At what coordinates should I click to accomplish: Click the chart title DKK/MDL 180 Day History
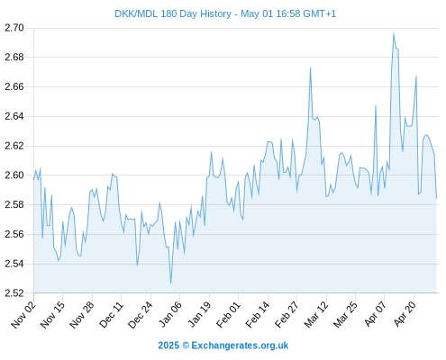(173, 13)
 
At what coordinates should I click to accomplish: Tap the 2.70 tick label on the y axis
(14, 28)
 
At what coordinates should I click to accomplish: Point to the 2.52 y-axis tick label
(14, 293)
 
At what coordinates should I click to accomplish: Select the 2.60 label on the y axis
(14, 175)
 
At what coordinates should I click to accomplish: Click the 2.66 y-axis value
(14, 86)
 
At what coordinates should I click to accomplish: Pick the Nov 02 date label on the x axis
(23, 314)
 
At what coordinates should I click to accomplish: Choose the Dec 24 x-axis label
(140, 314)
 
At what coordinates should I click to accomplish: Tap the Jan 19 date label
(199, 314)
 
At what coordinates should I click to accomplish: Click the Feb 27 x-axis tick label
(287, 314)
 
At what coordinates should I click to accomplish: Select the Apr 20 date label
(404, 314)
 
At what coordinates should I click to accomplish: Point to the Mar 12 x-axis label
(316, 314)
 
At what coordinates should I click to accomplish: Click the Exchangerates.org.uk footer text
(240, 346)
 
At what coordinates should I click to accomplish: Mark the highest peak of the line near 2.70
(394, 31)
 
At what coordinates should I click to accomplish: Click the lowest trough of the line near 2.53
(170, 283)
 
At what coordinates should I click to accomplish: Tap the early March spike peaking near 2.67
(310, 68)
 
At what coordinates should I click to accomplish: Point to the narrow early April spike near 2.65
(376, 105)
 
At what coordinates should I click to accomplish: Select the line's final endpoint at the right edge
(436, 198)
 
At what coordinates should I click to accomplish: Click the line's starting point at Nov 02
(33, 179)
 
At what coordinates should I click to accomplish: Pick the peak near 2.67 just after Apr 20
(416, 76)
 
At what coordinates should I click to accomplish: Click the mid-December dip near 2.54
(137, 265)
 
